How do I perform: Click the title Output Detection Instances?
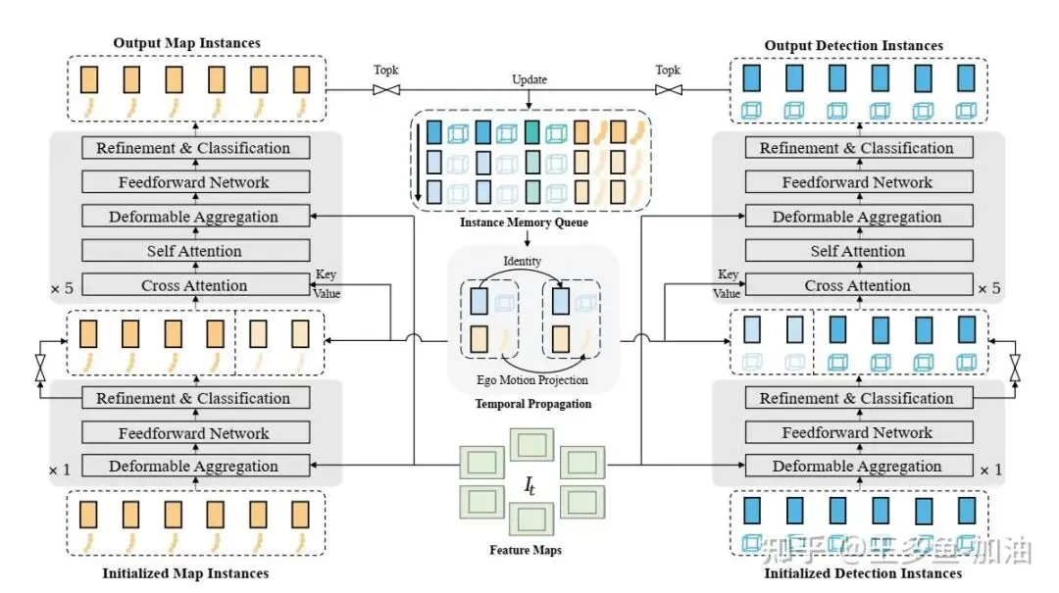(x=853, y=45)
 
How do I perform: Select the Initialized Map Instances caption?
(x=185, y=572)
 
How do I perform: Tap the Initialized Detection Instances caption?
(x=863, y=572)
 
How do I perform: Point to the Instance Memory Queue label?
(x=525, y=223)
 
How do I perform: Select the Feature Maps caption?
(x=526, y=550)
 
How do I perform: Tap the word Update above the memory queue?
(x=529, y=78)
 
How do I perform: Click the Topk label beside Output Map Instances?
(x=387, y=71)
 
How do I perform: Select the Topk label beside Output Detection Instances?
(x=668, y=71)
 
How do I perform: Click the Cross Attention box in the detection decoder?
(x=857, y=286)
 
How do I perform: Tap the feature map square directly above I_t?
(x=530, y=444)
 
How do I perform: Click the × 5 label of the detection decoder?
(x=988, y=289)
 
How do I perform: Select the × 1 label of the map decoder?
(x=61, y=469)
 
